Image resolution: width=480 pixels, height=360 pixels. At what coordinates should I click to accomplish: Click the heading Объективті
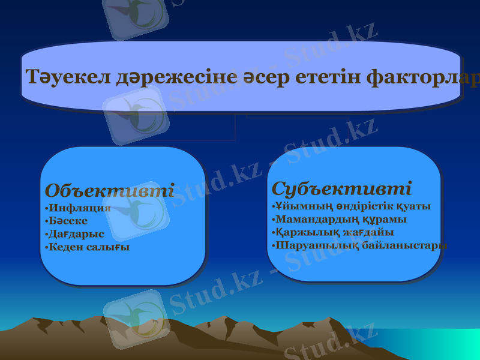(x=109, y=191)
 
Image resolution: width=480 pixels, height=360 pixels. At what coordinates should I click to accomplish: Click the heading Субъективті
(x=341, y=188)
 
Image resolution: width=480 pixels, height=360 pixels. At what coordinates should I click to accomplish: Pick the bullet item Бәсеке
(x=68, y=221)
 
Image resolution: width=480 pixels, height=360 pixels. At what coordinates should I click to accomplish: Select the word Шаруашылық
(x=316, y=245)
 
